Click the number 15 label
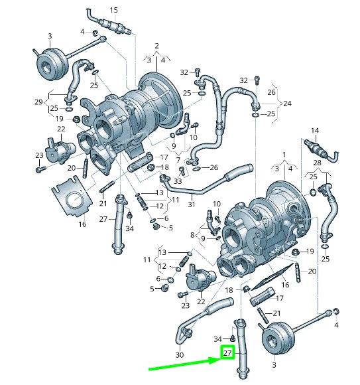pyautogui.click(x=113, y=11)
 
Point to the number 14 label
pyautogui.click(x=315, y=130)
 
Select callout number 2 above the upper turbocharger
pyautogui.click(x=156, y=46)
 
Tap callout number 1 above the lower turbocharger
pyautogui.click(x=284, y=155)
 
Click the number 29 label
pyautogui.click(x=38, y=102)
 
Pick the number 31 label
pyautogui.click(x=192, y=204)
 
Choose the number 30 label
pyautogui.click(x=180, y=355)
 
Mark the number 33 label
pyautogui.click(x=178, y=181)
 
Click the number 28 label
pyautogui.click(x=317, y=163)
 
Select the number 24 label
pyautogui.click(x=287, y=104)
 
